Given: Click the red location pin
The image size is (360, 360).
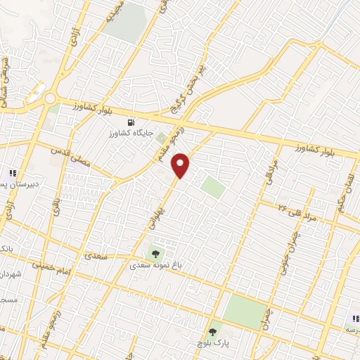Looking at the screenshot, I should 181,165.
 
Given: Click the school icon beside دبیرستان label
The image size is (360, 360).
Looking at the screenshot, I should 12,173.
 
